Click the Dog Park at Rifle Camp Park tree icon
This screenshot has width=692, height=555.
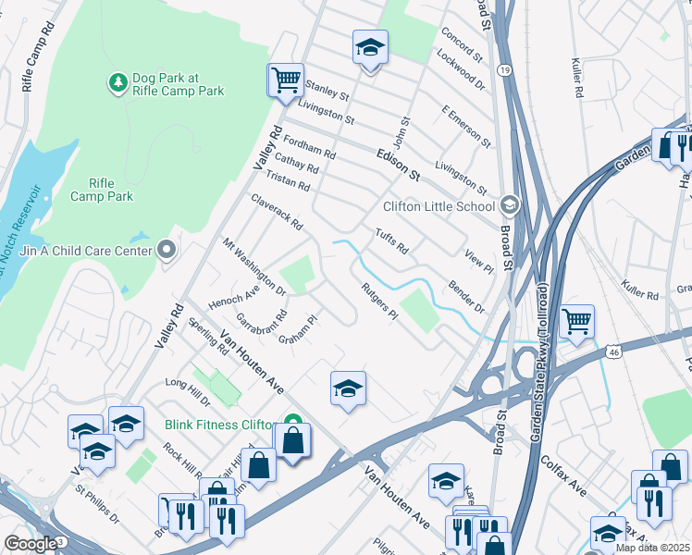tap(117, 83)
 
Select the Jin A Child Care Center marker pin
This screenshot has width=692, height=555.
tap(167, 250)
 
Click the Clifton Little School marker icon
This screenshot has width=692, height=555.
tap(508, 205)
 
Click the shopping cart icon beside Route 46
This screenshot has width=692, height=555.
tap(576, 322)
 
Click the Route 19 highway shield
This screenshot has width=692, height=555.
tap(503, 69)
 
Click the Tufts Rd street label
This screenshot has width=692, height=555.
tap(391, 241)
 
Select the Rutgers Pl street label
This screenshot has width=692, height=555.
tap(379, 302)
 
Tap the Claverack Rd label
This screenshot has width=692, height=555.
tap(277, 212)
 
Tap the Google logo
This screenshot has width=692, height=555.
tap(30, 544)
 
